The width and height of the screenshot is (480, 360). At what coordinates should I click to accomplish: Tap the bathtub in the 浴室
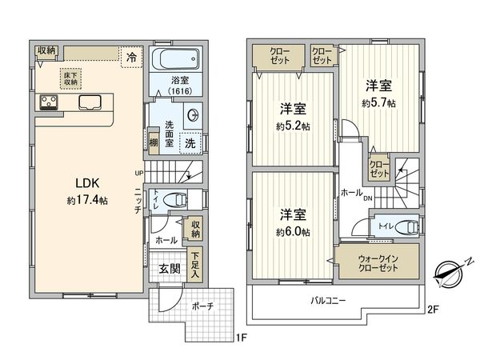176,60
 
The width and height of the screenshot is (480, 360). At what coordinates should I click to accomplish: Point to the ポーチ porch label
202,306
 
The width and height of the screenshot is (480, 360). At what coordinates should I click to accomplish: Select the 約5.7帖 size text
378,103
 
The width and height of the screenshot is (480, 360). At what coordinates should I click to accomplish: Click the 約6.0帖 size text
294,231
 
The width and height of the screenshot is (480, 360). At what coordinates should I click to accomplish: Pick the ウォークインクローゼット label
377,263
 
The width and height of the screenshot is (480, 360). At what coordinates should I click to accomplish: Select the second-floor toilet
399,227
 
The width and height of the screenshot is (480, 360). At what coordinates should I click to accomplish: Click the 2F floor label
433,310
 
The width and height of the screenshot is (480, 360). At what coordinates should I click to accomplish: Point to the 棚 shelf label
153,142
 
